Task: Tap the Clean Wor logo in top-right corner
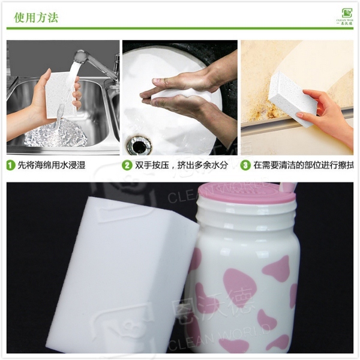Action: click(x=346, y=16)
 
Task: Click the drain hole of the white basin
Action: click(x=139, y=145)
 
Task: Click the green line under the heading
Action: click(x=180, y=28)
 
